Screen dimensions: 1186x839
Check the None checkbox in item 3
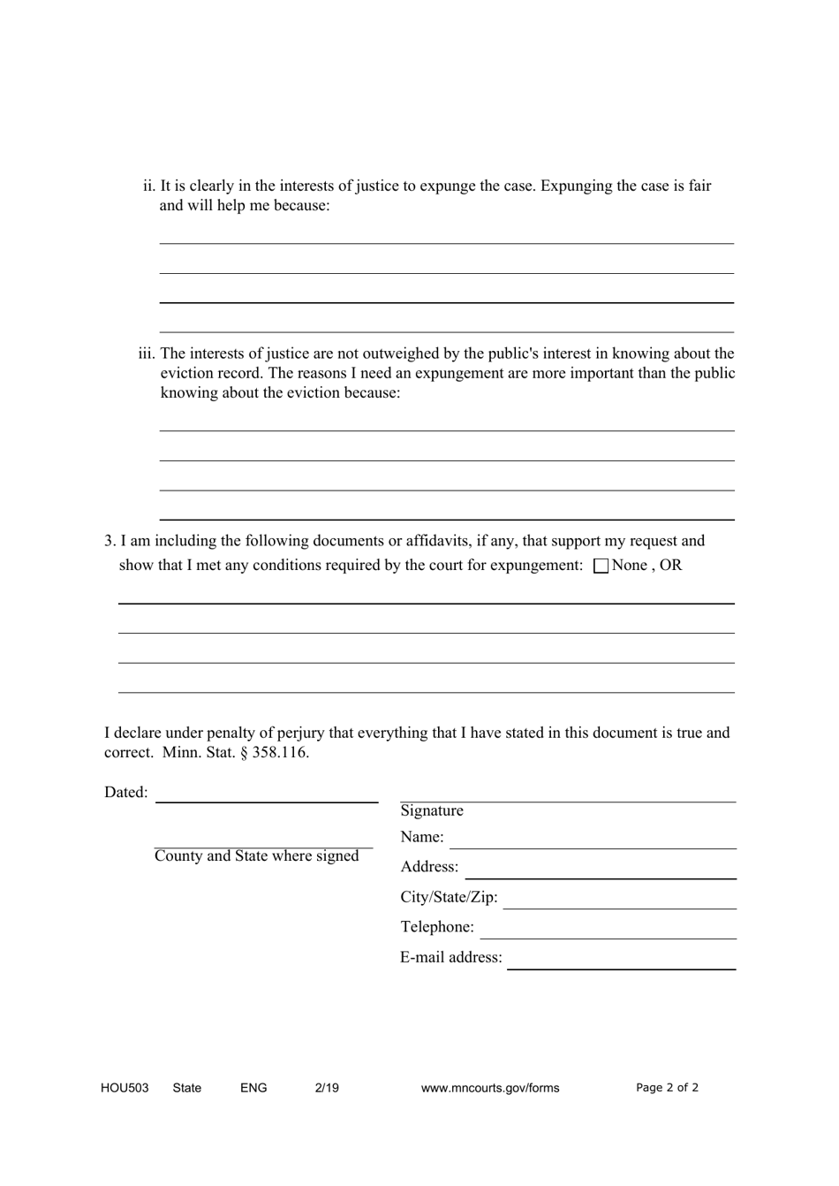click(x=601, y=566)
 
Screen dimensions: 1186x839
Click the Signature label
click(x=432, y=810)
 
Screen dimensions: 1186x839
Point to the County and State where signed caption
click(x=257, y=855)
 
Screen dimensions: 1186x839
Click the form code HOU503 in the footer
click(x=125, y=1088)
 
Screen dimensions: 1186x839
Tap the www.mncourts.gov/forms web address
click(x=490, y=1088)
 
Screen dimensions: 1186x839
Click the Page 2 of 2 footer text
click(x=667, y=1088)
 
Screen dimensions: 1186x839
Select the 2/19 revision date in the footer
click(x=327, y=1088)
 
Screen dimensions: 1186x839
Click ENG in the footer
click(x=253, y=1088)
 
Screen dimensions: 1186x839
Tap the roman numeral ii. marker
click(x=149, y=186)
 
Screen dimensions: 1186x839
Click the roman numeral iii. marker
click(x=147, y=354)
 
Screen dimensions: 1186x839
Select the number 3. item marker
click(x=110, y=541)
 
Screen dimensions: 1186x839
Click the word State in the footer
click(x=187, y=1088)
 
